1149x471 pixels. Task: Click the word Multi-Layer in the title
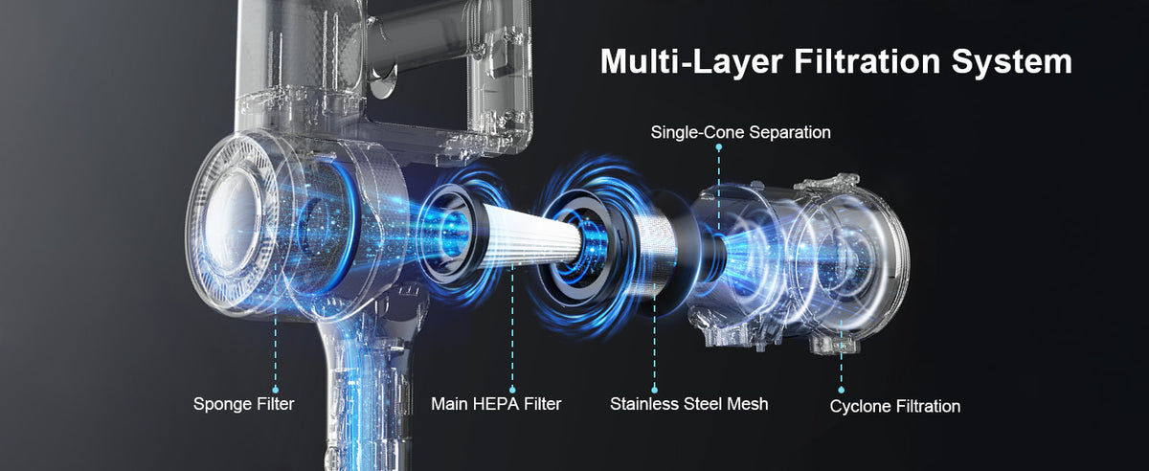(690, 61)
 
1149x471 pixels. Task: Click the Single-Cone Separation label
(740, 132)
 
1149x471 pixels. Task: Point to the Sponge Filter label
(243, 404)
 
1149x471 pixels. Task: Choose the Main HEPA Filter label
(496, 404)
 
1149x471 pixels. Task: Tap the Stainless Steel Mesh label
(688, 404)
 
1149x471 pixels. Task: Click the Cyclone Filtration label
(894, 407)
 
